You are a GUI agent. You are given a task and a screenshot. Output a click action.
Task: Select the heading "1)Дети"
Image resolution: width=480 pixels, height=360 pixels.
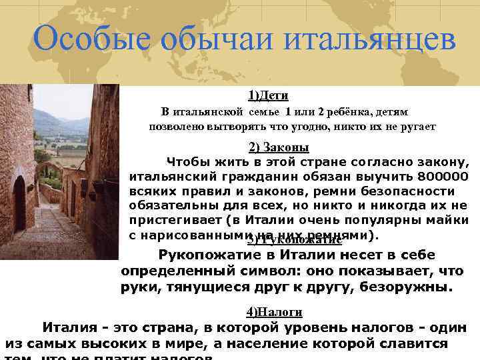pyautogui.click(x=268, y=95)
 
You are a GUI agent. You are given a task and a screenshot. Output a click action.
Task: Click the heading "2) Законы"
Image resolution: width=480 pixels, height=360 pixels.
pyautogui.click(x=279, y=147)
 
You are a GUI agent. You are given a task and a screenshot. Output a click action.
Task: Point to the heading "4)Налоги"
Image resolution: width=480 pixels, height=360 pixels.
pyautogui.click(x=274, y=311)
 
